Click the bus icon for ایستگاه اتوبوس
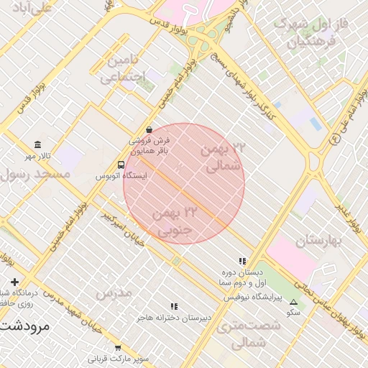[121, 163]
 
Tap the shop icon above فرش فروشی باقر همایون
[149, 130]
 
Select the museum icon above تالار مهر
[38, 144]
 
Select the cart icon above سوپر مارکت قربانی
[118, 347]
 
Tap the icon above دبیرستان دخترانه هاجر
[173, 306]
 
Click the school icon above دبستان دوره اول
[242, 262]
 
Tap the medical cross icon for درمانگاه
[14, 282]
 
